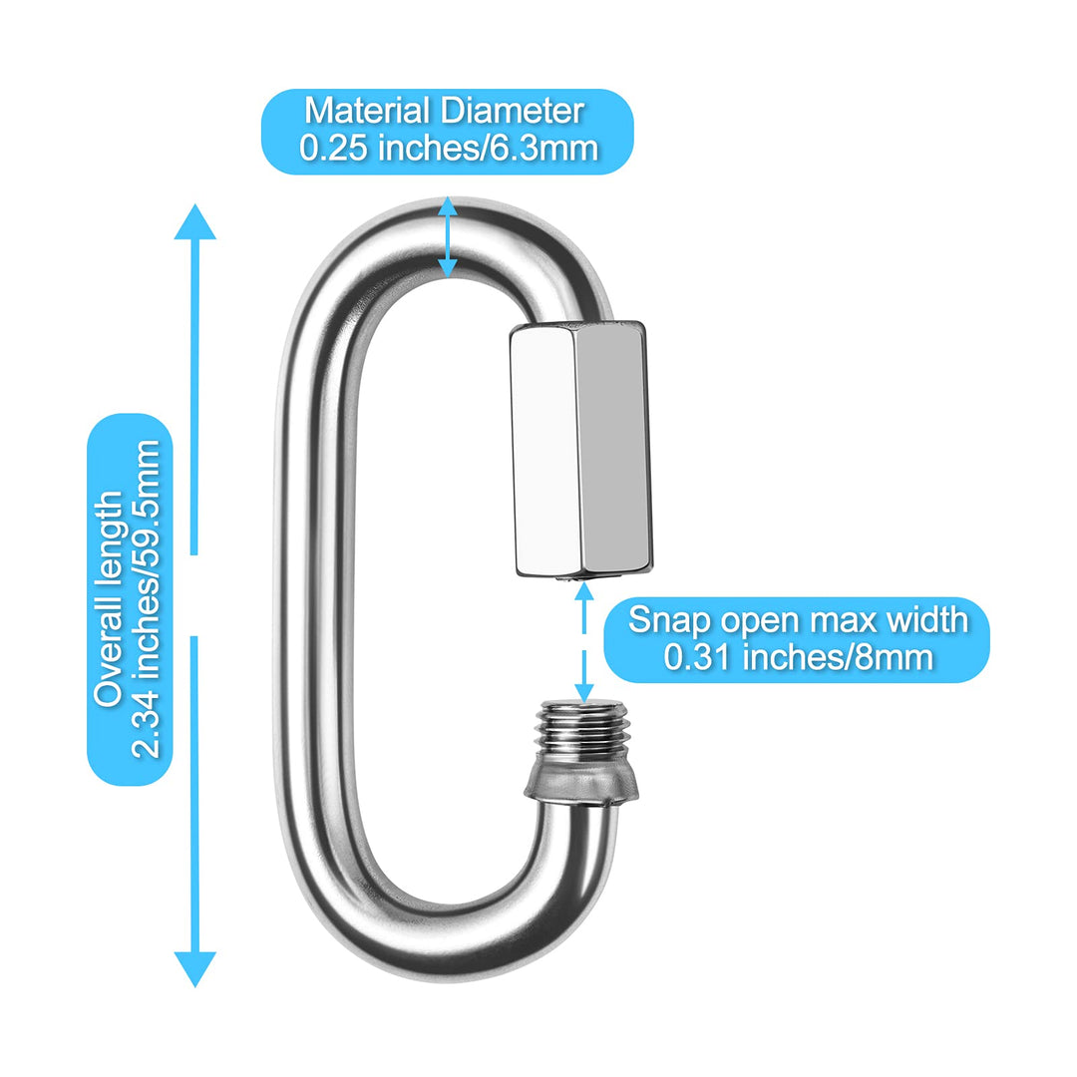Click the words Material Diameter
click(x=444, y=112)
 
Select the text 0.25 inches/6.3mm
click(x=449, y=149)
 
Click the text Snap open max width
click(x=798, y=620)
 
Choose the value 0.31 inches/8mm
click(x=798, y=657)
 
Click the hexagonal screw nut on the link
click(x=578, y=449)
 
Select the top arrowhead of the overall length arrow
click(x=195, y=221)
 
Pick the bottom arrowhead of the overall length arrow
click(x=195, y=967)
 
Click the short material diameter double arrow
click(x=449, y=237)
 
